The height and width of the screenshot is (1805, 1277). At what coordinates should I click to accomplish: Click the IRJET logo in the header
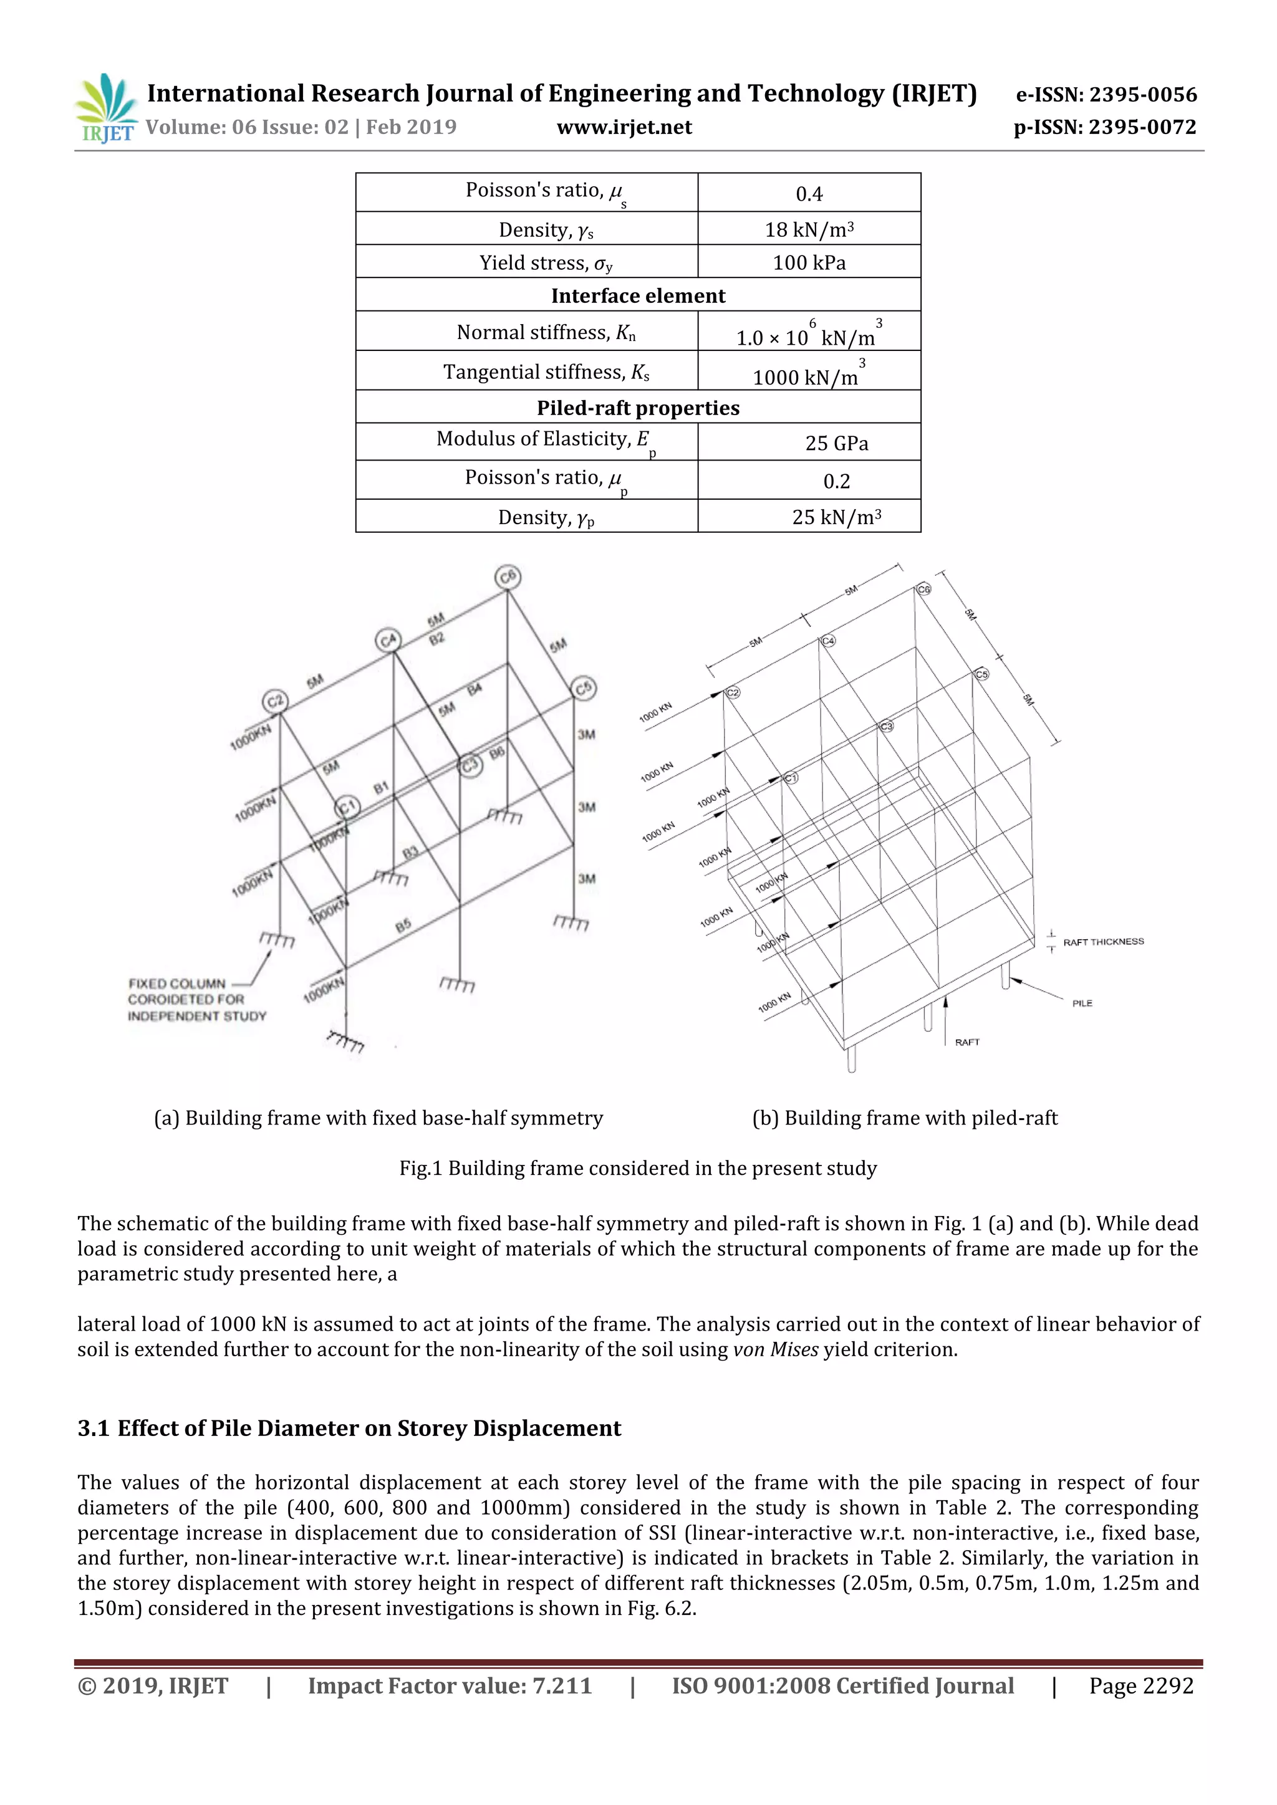coord(105,108)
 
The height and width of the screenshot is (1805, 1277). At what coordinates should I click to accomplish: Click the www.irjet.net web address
coord(624,127)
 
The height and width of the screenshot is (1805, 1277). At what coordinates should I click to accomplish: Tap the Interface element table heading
coord(638,295)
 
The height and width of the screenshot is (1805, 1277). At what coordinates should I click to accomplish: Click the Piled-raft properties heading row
coord(638,408)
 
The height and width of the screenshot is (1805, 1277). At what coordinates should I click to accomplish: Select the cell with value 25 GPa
coord(836,443)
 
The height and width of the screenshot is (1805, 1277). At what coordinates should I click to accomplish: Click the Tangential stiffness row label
coord(546,372)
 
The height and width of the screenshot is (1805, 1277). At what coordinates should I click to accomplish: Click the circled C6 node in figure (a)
coord(508,577)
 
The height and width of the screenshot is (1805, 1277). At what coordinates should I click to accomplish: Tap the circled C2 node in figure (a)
coord(275,701)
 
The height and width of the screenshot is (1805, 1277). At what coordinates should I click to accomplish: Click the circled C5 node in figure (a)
coord(582,689)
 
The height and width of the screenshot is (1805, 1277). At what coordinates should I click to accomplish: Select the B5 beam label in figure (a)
coord(403,927)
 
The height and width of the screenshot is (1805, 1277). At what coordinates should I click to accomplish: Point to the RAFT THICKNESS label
coord(1102,942)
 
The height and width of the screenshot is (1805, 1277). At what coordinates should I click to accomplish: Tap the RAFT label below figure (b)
coord(967,1043)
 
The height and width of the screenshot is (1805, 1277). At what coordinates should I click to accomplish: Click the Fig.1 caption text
coord(638,1168)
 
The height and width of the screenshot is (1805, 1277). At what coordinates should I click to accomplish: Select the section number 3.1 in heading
coord(93,1429)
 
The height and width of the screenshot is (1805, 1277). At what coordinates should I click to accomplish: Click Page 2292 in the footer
coord(1140,1685)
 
